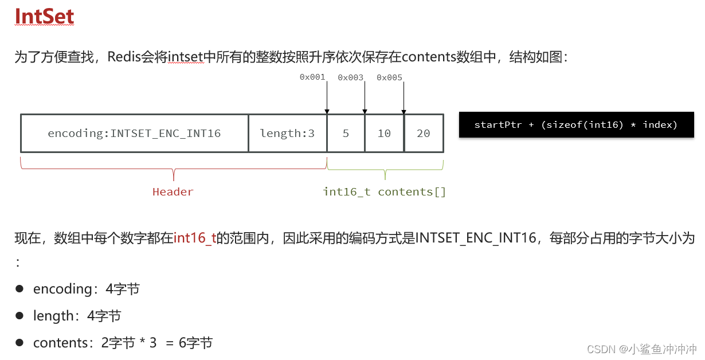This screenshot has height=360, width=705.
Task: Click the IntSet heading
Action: click(x=44, y=17)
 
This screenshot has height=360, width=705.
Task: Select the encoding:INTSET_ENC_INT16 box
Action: click(x=134, y=134)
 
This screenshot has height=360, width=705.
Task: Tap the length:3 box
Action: click(x=287, y=134)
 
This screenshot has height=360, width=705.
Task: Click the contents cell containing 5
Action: click(x=346, y=134)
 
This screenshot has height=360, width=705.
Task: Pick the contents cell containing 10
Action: click(x=384, y=134)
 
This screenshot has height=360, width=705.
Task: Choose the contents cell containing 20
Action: click(x=424, y=134)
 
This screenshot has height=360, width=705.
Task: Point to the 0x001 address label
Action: click(x=312, y=77)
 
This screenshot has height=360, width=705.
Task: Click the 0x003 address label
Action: click(x=350, y=77)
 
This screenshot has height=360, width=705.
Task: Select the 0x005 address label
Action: click(x=389, y=77)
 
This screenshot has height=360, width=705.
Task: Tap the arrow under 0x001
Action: click(x=327, y=97)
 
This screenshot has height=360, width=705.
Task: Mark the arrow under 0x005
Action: click(x=404, y=97)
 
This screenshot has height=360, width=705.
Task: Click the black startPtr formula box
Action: click(x=576, y=125)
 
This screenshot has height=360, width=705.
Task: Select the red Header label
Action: click(x=173, y=192)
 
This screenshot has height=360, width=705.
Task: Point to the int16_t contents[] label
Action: click(x=384, y=192)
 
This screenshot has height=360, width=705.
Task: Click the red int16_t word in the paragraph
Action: click(x=194, y=238)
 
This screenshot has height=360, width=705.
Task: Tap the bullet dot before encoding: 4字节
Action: click(x=19, y=289)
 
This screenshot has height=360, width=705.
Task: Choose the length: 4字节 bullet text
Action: click(x=77, y=316)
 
